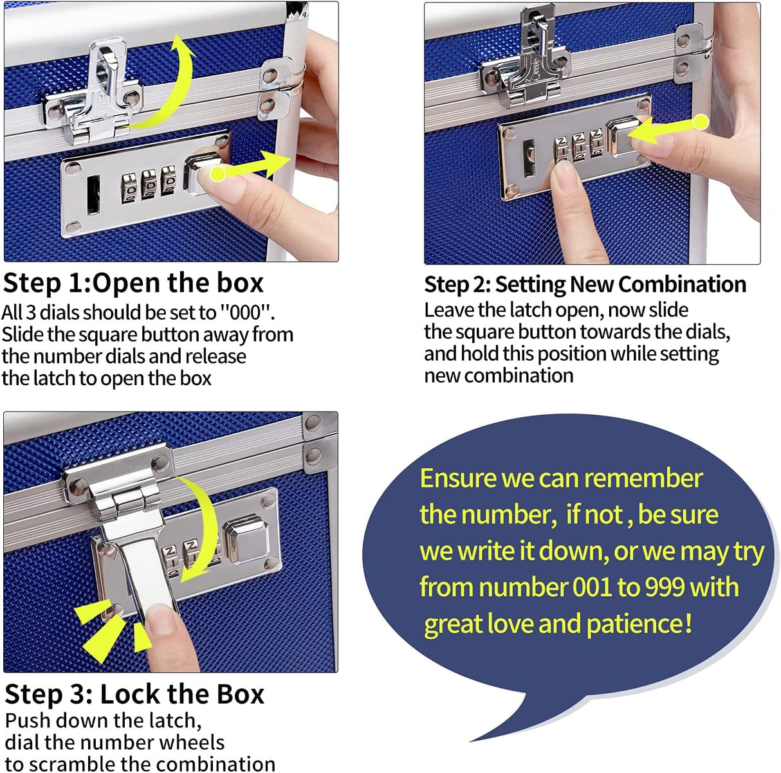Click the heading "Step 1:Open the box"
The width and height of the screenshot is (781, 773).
tap(133, 284)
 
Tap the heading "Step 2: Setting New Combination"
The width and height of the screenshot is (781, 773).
tap(585, 284)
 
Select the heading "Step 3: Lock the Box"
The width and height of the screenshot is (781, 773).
tap(134, 695)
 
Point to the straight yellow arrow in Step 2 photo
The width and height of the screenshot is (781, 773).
tap(669, 129)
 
